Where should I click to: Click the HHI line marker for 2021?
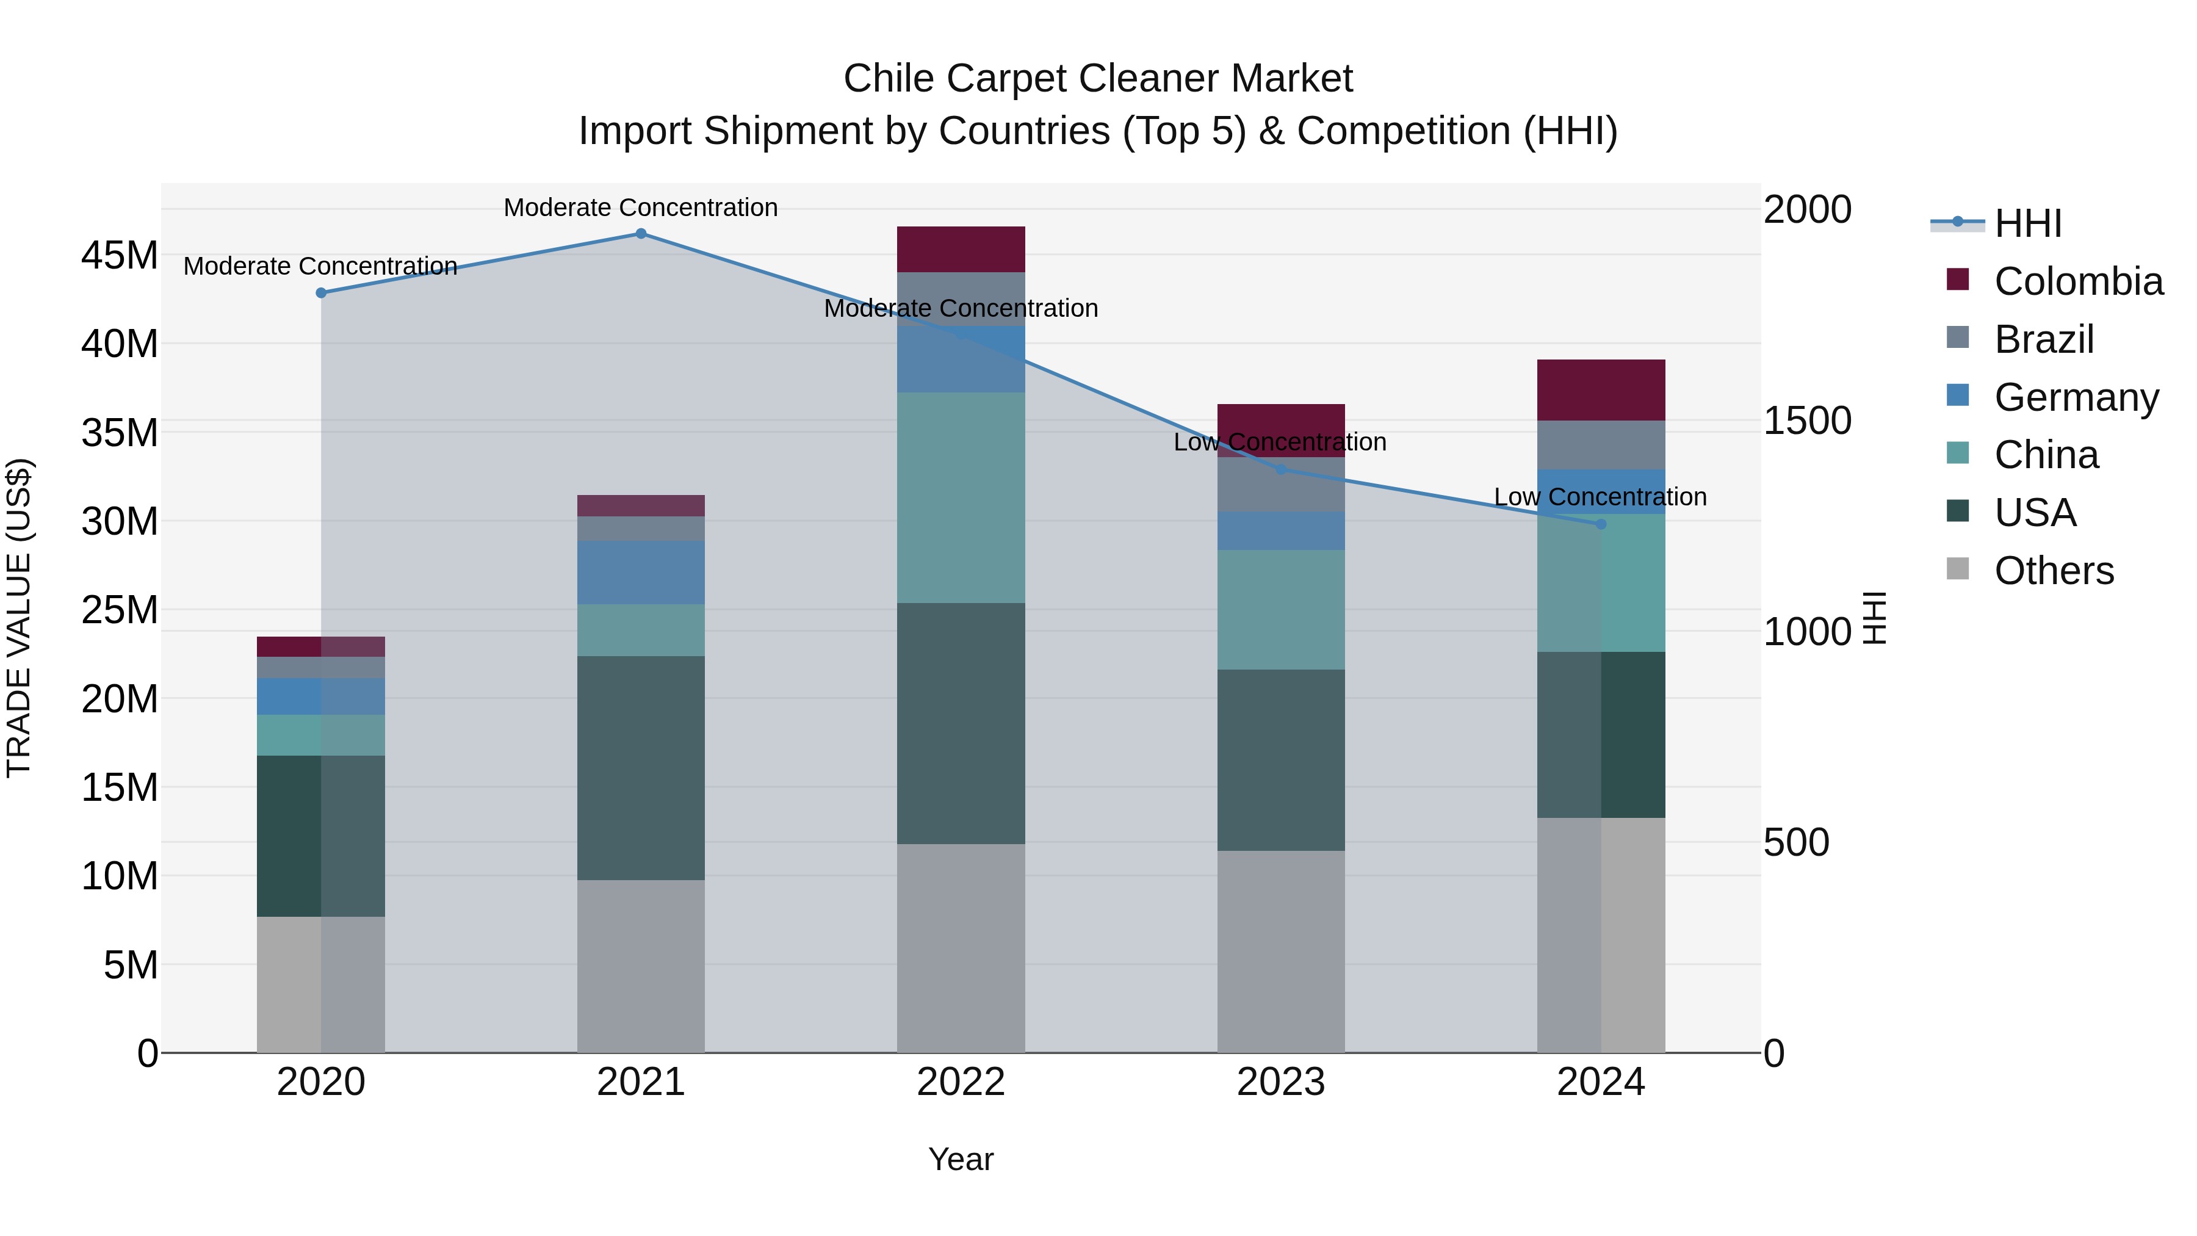point(641,234)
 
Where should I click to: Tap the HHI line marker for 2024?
point(1600,524)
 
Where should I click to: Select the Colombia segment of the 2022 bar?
point(961,249)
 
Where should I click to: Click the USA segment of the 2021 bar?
point(641,768)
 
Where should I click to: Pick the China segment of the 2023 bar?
point(1280,609)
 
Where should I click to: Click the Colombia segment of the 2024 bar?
point(1600,390)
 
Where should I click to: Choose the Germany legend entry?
point(2076,397)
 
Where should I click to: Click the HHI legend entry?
point(2027,223)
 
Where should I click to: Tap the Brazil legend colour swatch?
point(1957,337)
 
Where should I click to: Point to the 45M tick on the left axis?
point(120,255)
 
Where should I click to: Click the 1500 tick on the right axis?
point(1807,421)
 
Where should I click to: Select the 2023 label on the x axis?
point(1280,1082)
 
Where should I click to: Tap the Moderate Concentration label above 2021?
point(641,208)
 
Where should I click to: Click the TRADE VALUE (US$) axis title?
point(19,618)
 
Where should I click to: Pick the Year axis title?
point(961,1159)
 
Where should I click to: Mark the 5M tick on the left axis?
point(131,965)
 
